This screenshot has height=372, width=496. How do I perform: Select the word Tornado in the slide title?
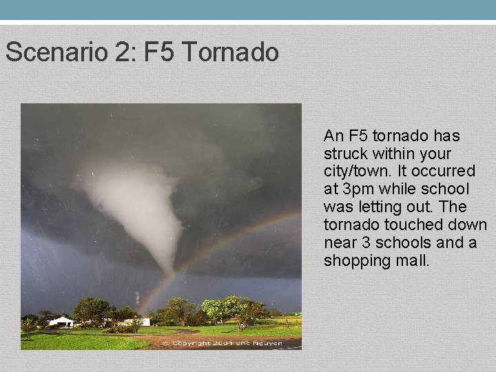point(231,52)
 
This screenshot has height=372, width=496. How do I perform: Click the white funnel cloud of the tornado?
point(134,200)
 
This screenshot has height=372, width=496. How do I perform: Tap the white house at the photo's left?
point(61,321)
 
